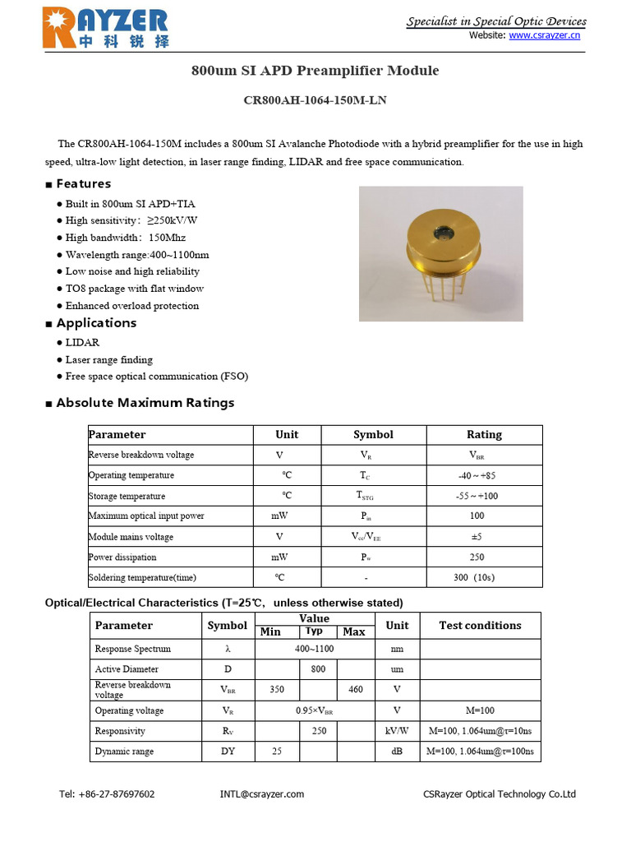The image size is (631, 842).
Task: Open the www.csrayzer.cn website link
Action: click(x=544, y=35)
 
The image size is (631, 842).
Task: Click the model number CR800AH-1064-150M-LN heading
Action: click(x=315, y=101)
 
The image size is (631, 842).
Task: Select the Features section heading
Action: click(x=83, y=183)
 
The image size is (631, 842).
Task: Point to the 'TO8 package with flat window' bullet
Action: click(x=135, y=289)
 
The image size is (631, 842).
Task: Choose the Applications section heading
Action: click(x=96, y=323)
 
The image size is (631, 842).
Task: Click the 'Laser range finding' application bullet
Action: click(x=108, y=359)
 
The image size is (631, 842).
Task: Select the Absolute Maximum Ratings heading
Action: click(x=145, y=403)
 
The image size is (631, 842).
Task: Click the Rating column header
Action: click(x=484, y=434)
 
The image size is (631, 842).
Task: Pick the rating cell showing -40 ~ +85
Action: click(x=477, y=475)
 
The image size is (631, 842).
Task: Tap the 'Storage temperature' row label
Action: click(x=127, y=496)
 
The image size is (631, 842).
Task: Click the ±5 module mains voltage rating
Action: click(x=477, y=537)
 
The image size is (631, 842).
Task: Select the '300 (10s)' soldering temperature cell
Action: click(x=474, y=577)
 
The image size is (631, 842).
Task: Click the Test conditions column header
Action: click(x=480, y=625)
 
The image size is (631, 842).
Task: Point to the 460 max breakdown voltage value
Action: click(x=355, y=689)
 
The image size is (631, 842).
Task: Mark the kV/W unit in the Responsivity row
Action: click(x=397, y=731)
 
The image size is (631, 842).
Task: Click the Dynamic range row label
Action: click(x=124, y=752)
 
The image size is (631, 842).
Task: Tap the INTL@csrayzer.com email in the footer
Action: click(x=262, y=793)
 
